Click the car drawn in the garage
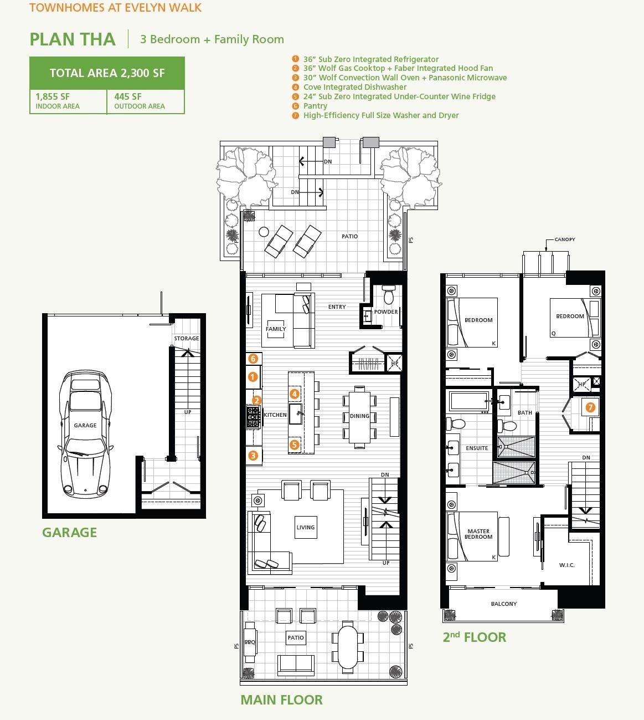click(86, 434)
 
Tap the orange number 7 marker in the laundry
click(590, 407)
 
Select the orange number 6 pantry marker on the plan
click(253, 359)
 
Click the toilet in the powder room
click(388, 296)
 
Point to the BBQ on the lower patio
click(250, 642)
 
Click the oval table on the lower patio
click(348, 646)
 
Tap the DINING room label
click(359, 416)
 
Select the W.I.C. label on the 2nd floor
click(566, 565)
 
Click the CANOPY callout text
click(564, 239)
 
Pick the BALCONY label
click(503, 604)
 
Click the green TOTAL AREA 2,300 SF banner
click(107, 73)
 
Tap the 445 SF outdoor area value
click(128, 96)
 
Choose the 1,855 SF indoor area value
click(53, 96)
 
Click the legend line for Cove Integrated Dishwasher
click(354, 87)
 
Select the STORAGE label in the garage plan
click(186, 338)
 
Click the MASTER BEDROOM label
click(478, 534)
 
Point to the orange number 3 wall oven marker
click(253, 456)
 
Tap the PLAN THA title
click(73, 39)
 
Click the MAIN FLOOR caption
click(281, 700)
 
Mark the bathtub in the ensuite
click(468, 400)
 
